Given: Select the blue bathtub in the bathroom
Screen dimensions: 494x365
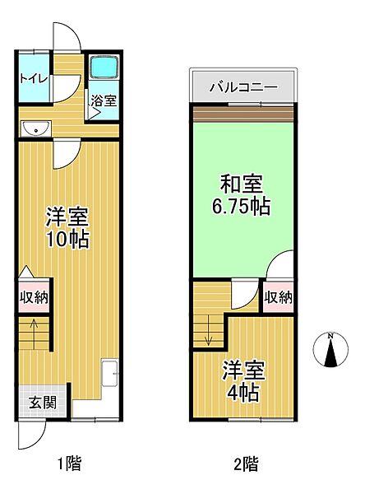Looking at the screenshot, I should click(104, 68).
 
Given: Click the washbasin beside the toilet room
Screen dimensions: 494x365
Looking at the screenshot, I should click(35, 128).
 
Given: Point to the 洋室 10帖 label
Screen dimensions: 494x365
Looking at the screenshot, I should click(67, 228).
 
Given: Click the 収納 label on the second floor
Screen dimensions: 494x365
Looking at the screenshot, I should click(279, 296).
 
